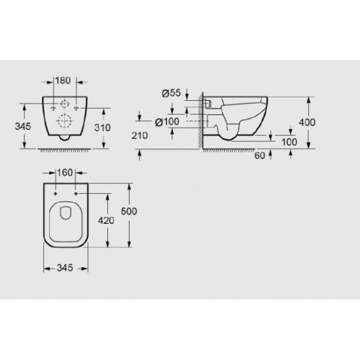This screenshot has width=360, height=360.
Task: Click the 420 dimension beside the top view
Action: pyautogui.click(x=107, y=221)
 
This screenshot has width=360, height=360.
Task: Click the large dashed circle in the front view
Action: pyautogui.click(x=65, y=121)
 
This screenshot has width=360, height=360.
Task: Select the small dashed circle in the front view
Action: pyautogui.click(x=65, y=104)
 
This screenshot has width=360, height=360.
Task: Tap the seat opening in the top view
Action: pyautogui.click(x=65, y=213)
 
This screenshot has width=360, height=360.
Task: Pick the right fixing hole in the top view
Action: pyautogui.click(x=77, y=194)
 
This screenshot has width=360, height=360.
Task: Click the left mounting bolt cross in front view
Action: pyautogui.click(x=52, y=107)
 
